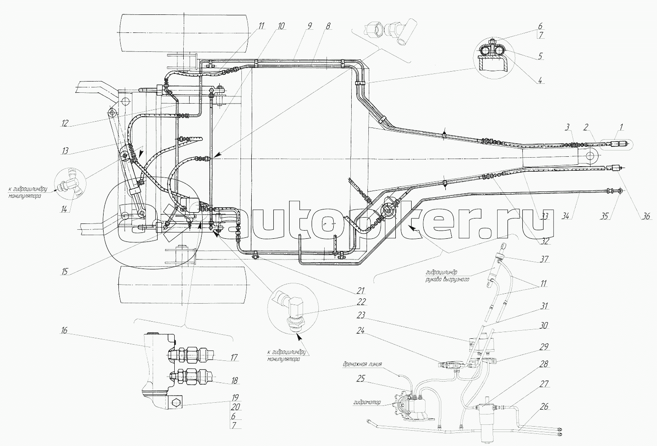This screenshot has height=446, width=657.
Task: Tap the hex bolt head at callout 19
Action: pyautogui.click(x=176, y=403)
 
